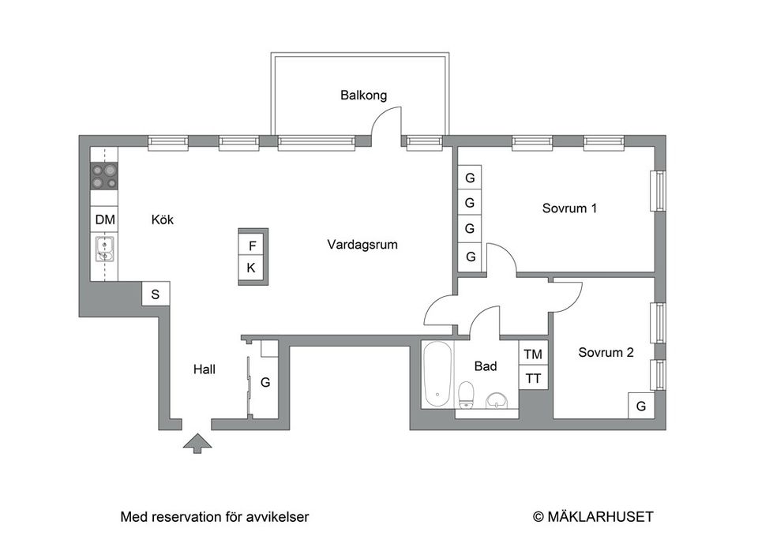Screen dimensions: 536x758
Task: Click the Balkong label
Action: [x=363, y=96]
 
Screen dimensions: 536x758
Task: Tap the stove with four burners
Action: [x=103, y=176]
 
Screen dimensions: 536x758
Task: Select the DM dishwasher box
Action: [x=104, y=219]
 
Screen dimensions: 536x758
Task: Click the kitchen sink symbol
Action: [x=104, y=249]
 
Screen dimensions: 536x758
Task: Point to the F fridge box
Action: [x=252, y=246]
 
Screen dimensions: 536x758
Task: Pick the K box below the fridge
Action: [x=252, y=268]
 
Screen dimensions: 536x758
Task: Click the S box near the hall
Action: [x=156, y=294]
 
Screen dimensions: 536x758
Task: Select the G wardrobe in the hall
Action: [x=266, y=383]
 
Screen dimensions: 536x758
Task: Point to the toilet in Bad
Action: [x=467, y=394]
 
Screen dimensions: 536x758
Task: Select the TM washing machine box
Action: [x=534, y=354]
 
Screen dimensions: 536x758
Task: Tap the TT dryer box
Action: [x=534, y=378]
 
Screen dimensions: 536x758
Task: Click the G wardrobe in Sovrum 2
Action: [x=641, y=407]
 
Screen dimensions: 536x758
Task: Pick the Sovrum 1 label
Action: [x=568, y=209]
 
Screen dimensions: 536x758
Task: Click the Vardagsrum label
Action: [x=362, y=245]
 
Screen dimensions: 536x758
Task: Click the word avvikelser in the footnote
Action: [x=276, y=517]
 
